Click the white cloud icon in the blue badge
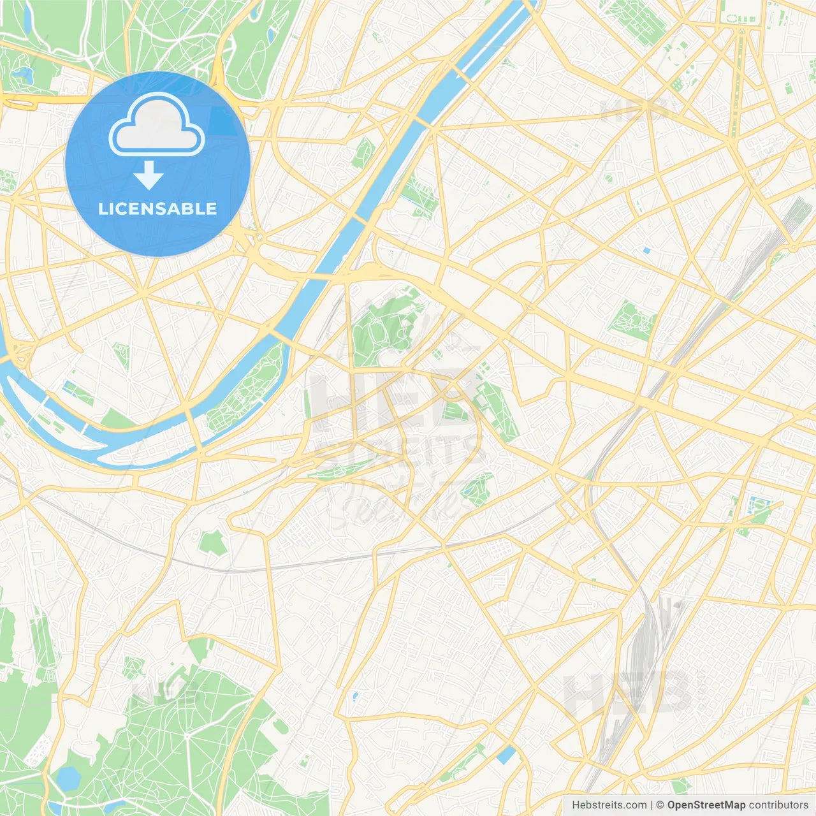(157, 125)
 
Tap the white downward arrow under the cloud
(149, 175)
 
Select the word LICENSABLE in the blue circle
(157, 208)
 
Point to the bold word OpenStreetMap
(706, 805)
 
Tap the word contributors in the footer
(778, 805)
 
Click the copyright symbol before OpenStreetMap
(660, 805)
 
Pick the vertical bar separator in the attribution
(652, 805)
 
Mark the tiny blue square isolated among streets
(646, 251)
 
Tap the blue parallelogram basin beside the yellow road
(506, 755)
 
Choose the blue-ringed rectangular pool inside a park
(760, 507)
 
